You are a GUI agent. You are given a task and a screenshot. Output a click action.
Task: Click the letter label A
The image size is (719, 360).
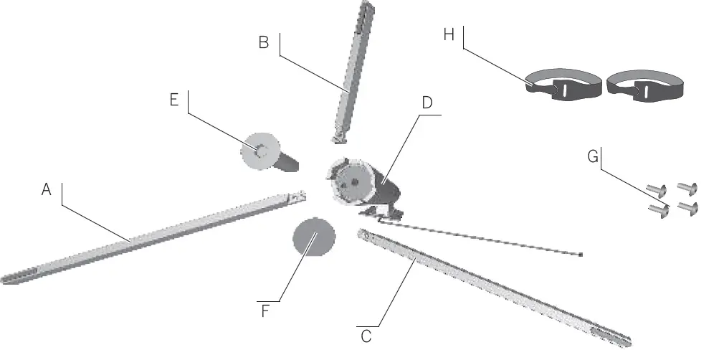[x=47, y=190]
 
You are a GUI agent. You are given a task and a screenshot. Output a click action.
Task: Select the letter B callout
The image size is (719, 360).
[x=264, y=42]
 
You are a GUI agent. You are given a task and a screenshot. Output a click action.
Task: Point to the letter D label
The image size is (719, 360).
[x=427, y=103]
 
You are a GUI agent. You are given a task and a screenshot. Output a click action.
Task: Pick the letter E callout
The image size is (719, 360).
[x=173, y=100]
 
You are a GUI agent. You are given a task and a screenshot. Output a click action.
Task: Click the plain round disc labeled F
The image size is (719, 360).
[x=315, y=237]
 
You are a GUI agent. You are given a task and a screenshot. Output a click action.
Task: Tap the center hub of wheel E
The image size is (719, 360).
[x=262, y=151]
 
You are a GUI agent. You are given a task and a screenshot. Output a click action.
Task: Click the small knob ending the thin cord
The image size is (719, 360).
[x=580, y=254]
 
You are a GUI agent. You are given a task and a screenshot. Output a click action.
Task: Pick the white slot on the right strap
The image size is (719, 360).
[x=646, y=91]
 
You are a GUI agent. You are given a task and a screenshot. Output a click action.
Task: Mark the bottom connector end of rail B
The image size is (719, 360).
[x=338, y=135]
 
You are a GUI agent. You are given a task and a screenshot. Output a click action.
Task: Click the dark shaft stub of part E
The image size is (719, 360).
[x=287, y=162]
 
